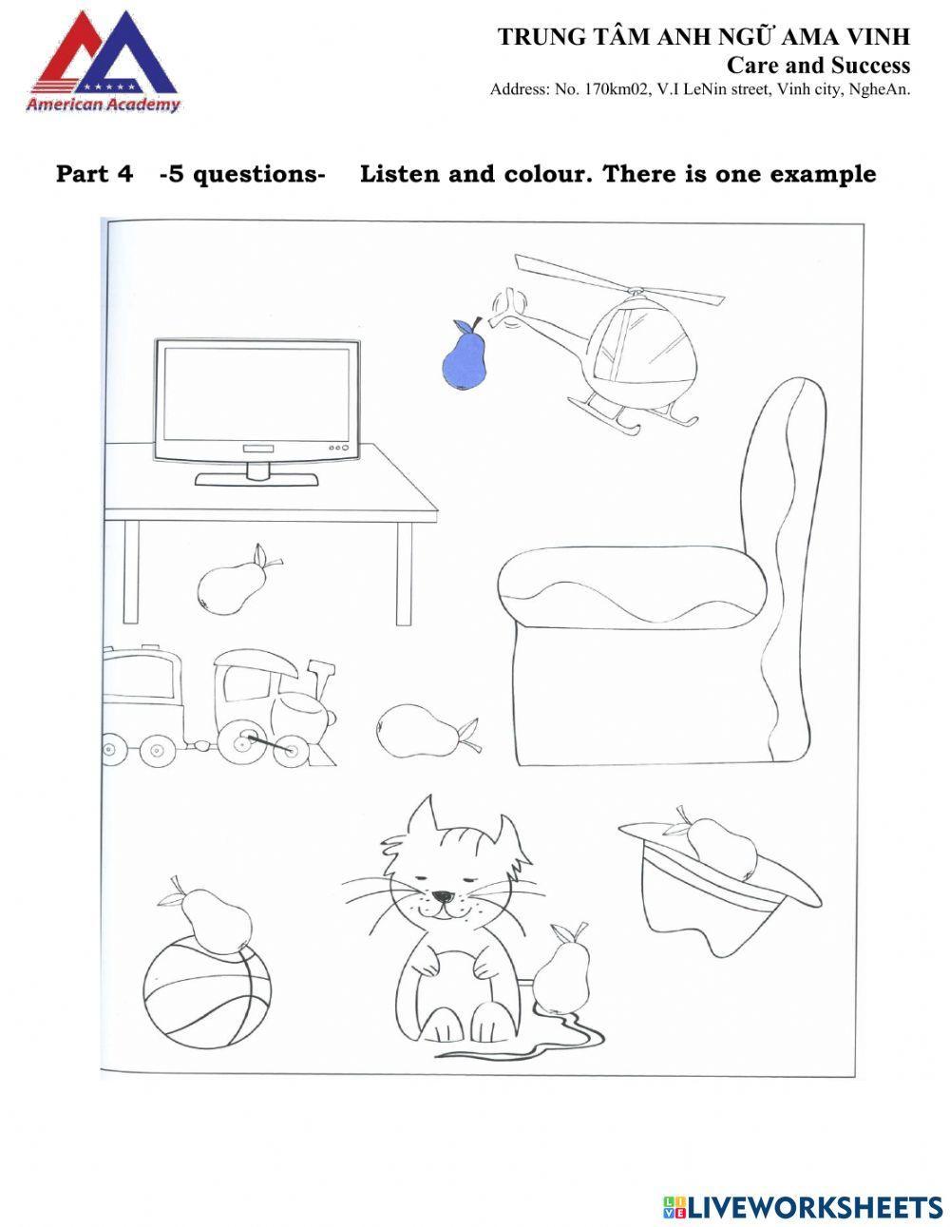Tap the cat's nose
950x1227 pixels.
[x=443, y=895]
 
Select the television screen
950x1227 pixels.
[x=256, y=394]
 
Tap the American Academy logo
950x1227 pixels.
[x=103, y=62]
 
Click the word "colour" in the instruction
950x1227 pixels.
[x=546, y=174]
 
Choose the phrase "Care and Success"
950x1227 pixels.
[x=818, y=65]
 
